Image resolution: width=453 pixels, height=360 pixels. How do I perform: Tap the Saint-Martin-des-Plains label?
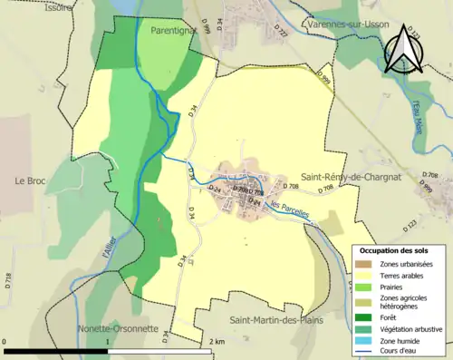[275, 320]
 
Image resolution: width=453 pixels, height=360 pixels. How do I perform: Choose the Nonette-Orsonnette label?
[118, 328]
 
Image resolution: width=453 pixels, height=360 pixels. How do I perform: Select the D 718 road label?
[9, 281]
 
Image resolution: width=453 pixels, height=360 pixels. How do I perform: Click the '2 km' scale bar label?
[218, 342]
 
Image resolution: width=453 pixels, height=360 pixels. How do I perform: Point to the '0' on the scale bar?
[5, 342]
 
